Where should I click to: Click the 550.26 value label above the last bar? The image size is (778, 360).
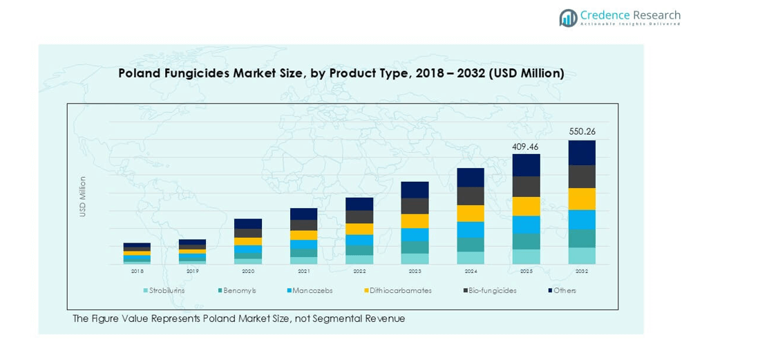point(582,131)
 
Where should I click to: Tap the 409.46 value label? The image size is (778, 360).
point(526,146)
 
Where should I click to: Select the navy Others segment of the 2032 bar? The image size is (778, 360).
point(582,153)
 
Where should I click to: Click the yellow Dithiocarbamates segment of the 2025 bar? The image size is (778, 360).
point(526,206)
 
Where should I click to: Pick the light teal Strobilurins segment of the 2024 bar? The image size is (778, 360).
point(471,258)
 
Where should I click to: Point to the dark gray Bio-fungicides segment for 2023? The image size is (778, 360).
point(415,206)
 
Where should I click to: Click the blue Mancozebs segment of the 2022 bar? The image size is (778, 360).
point(359,240)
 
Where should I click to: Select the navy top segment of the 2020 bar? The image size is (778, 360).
point(248,224)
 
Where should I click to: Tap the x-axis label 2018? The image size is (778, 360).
point(137,272)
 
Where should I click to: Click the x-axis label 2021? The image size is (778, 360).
point(304,272)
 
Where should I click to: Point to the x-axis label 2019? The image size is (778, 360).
point(192,272)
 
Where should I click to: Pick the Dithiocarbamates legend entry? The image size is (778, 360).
point(397,291)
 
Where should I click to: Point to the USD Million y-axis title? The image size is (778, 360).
point(83,197)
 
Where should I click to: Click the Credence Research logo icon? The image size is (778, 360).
point(569,18)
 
